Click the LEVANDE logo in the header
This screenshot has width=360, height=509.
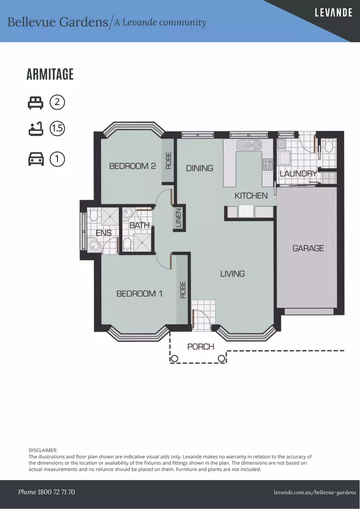[x=334, y=13]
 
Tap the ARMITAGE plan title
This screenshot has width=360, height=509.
[x=50, y=74]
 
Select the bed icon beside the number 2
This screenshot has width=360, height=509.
[x=36, y=103]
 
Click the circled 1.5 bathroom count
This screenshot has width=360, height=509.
[x=57, y=129]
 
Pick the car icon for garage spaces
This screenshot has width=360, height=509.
[x=36, y=159]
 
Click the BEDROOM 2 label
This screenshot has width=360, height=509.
[x=132, y=166]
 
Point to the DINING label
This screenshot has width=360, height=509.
[x=200, y=168]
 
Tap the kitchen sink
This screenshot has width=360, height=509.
[x=249, y=145]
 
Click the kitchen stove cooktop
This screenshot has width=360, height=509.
[x=268, y=164]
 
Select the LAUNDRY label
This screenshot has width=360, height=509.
[x=298, y=173]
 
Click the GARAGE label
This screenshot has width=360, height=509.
[x=308, y=248]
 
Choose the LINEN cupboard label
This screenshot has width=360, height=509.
[x=179, y=218]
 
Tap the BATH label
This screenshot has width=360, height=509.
[x=139, y=225]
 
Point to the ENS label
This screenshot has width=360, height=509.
[x=104, y=233]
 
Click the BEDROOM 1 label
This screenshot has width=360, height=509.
[x=139, y=294]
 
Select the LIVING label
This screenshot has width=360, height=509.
[x=232, y=274]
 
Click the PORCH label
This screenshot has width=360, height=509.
[x=201, y=347]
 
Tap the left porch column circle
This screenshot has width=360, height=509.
[x=174, y=359]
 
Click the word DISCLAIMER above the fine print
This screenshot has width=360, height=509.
[x=43, y=450]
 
